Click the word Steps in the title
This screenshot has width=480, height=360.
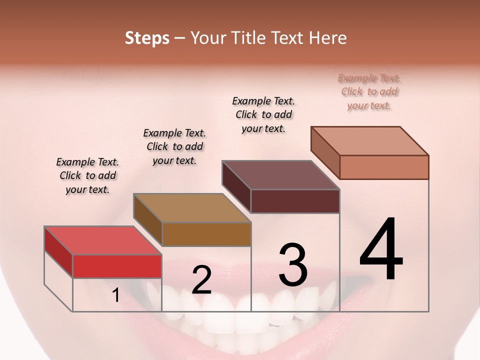pyautogui.click(x=147, y=38)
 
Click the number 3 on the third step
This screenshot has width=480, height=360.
pyautogui.click(x=293, y=265)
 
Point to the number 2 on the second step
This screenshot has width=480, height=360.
pyautogui.click(x=201, y=280)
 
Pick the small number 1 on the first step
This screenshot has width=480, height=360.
pyautogui.click(x=115, y=295)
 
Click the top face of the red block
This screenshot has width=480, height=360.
pyautogui.click(x=103, y=240)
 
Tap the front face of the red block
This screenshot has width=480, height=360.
pyautogui.click(x=117, y=266)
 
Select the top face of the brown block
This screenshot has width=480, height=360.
pyautogui.click(x=192, y=208)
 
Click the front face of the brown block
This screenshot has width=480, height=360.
pyautogui.click(x=206, y=234)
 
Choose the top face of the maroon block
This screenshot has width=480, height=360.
pyautogui.click(x=281, y=175)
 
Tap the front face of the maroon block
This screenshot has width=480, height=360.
pyautogui.click(x=295, y=201)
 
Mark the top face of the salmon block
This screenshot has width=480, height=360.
pyautogui.click(x=370, y=141)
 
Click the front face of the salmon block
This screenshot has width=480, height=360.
pyautogui.click(x=384, y=167)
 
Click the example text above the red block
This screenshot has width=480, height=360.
pyautogui.click(x=87, y=175)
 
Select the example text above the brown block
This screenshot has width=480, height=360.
pyautogui.click(x=174, y=146)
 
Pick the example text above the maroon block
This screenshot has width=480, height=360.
pyautogui.click(x=263, y=114)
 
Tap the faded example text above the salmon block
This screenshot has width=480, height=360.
pyautogui.click(x=369, y=91)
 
